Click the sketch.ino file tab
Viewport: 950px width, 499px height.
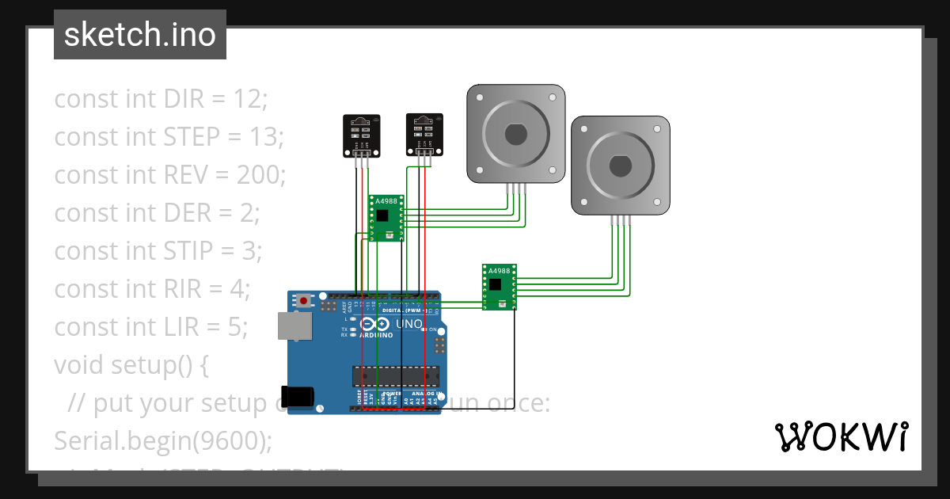pyautogui.click(x=139, y=35)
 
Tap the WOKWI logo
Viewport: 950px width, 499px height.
pyautogui.click(x=841, y=436)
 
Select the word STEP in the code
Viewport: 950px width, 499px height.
pyautogui.click(x=192, y=137)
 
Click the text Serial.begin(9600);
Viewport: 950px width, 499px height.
pyautogui.click(x=162, y=440)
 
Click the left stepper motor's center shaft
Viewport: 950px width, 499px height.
pyautogui.click(x=515, y=134)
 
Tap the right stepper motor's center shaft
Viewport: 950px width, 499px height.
pyautogui.click(x=620, y=166)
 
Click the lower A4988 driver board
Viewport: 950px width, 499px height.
pyautogui.click(x=500, y=287)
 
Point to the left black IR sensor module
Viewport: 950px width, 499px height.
pyautogui.click(x=360, y=135)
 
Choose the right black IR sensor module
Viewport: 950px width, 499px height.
pyautogui.click(x=424, y=134)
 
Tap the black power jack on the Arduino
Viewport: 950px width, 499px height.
pyautogui.click(x=298, y=396)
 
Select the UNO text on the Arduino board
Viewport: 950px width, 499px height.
pyautogui.click(x=413, y=324)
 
